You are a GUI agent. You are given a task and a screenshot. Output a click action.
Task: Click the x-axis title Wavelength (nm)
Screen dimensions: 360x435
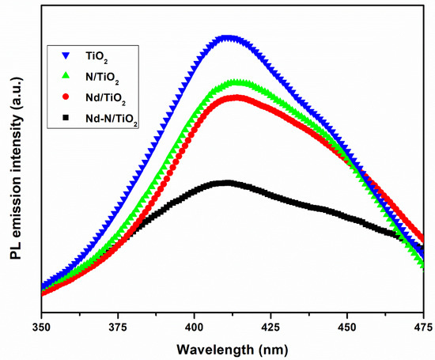coord(232,348)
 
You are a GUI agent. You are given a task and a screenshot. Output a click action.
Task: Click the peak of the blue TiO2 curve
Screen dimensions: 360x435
coord(228,38)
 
